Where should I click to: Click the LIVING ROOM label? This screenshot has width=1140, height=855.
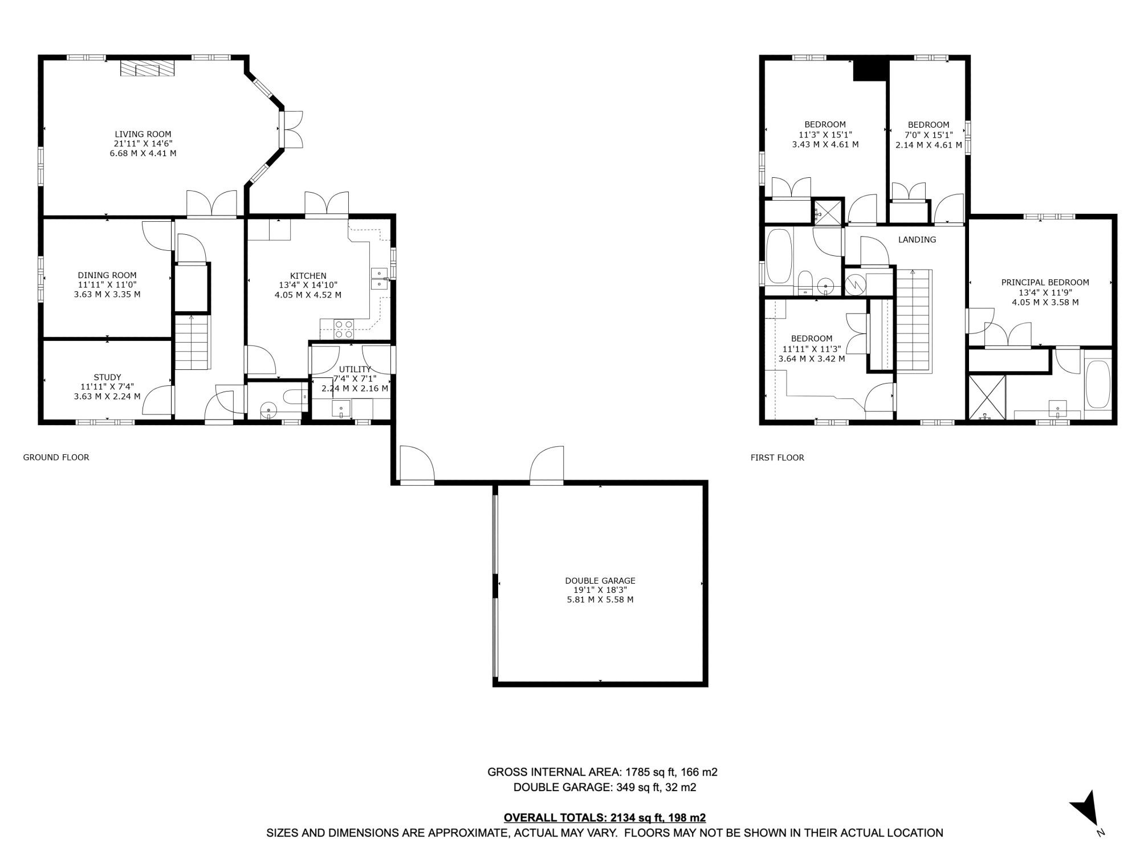click(142, 135)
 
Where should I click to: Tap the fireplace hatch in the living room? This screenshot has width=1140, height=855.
click(146, 69)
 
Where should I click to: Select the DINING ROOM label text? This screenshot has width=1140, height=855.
click(107, 275)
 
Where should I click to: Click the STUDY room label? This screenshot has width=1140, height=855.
click(107, 377)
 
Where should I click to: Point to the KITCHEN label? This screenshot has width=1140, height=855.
click(308, 276)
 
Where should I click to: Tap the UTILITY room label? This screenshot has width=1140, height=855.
click(355, 369)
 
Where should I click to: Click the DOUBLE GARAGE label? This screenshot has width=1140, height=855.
click(600, 580)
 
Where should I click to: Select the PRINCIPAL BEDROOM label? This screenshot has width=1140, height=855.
click(1045, 282)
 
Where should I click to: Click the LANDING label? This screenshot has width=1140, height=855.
click(917, 239)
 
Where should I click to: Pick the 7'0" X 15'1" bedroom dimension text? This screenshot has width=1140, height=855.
click(929, 135)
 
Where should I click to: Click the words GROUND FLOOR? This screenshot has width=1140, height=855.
click(56, 457)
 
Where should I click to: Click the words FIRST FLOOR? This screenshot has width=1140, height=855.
click(777, 457)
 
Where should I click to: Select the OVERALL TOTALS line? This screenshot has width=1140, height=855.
click(604, 817)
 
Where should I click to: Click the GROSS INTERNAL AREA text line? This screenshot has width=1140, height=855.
click(602, 772)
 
